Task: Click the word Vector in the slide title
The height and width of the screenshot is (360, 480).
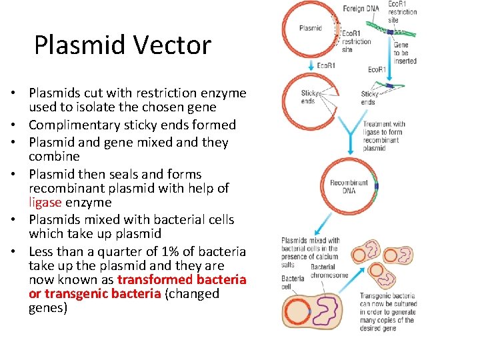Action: point(175,45)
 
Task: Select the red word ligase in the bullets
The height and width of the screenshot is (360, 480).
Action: point(45,203)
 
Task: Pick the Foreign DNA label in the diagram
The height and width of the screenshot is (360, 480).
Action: point(361,9)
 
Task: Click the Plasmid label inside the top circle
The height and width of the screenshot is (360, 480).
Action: point(311,28)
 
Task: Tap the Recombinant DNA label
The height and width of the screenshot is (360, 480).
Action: point(349,187)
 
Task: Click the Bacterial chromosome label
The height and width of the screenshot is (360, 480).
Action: point(329,271)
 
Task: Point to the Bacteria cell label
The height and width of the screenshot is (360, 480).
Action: point(292,283)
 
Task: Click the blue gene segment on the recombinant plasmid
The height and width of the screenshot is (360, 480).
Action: point(376,187)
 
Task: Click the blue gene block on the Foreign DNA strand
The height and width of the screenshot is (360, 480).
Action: point(390,31)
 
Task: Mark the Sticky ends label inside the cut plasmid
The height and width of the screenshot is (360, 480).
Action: point(308,97)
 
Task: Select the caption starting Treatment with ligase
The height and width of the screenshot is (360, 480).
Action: point(384,136)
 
